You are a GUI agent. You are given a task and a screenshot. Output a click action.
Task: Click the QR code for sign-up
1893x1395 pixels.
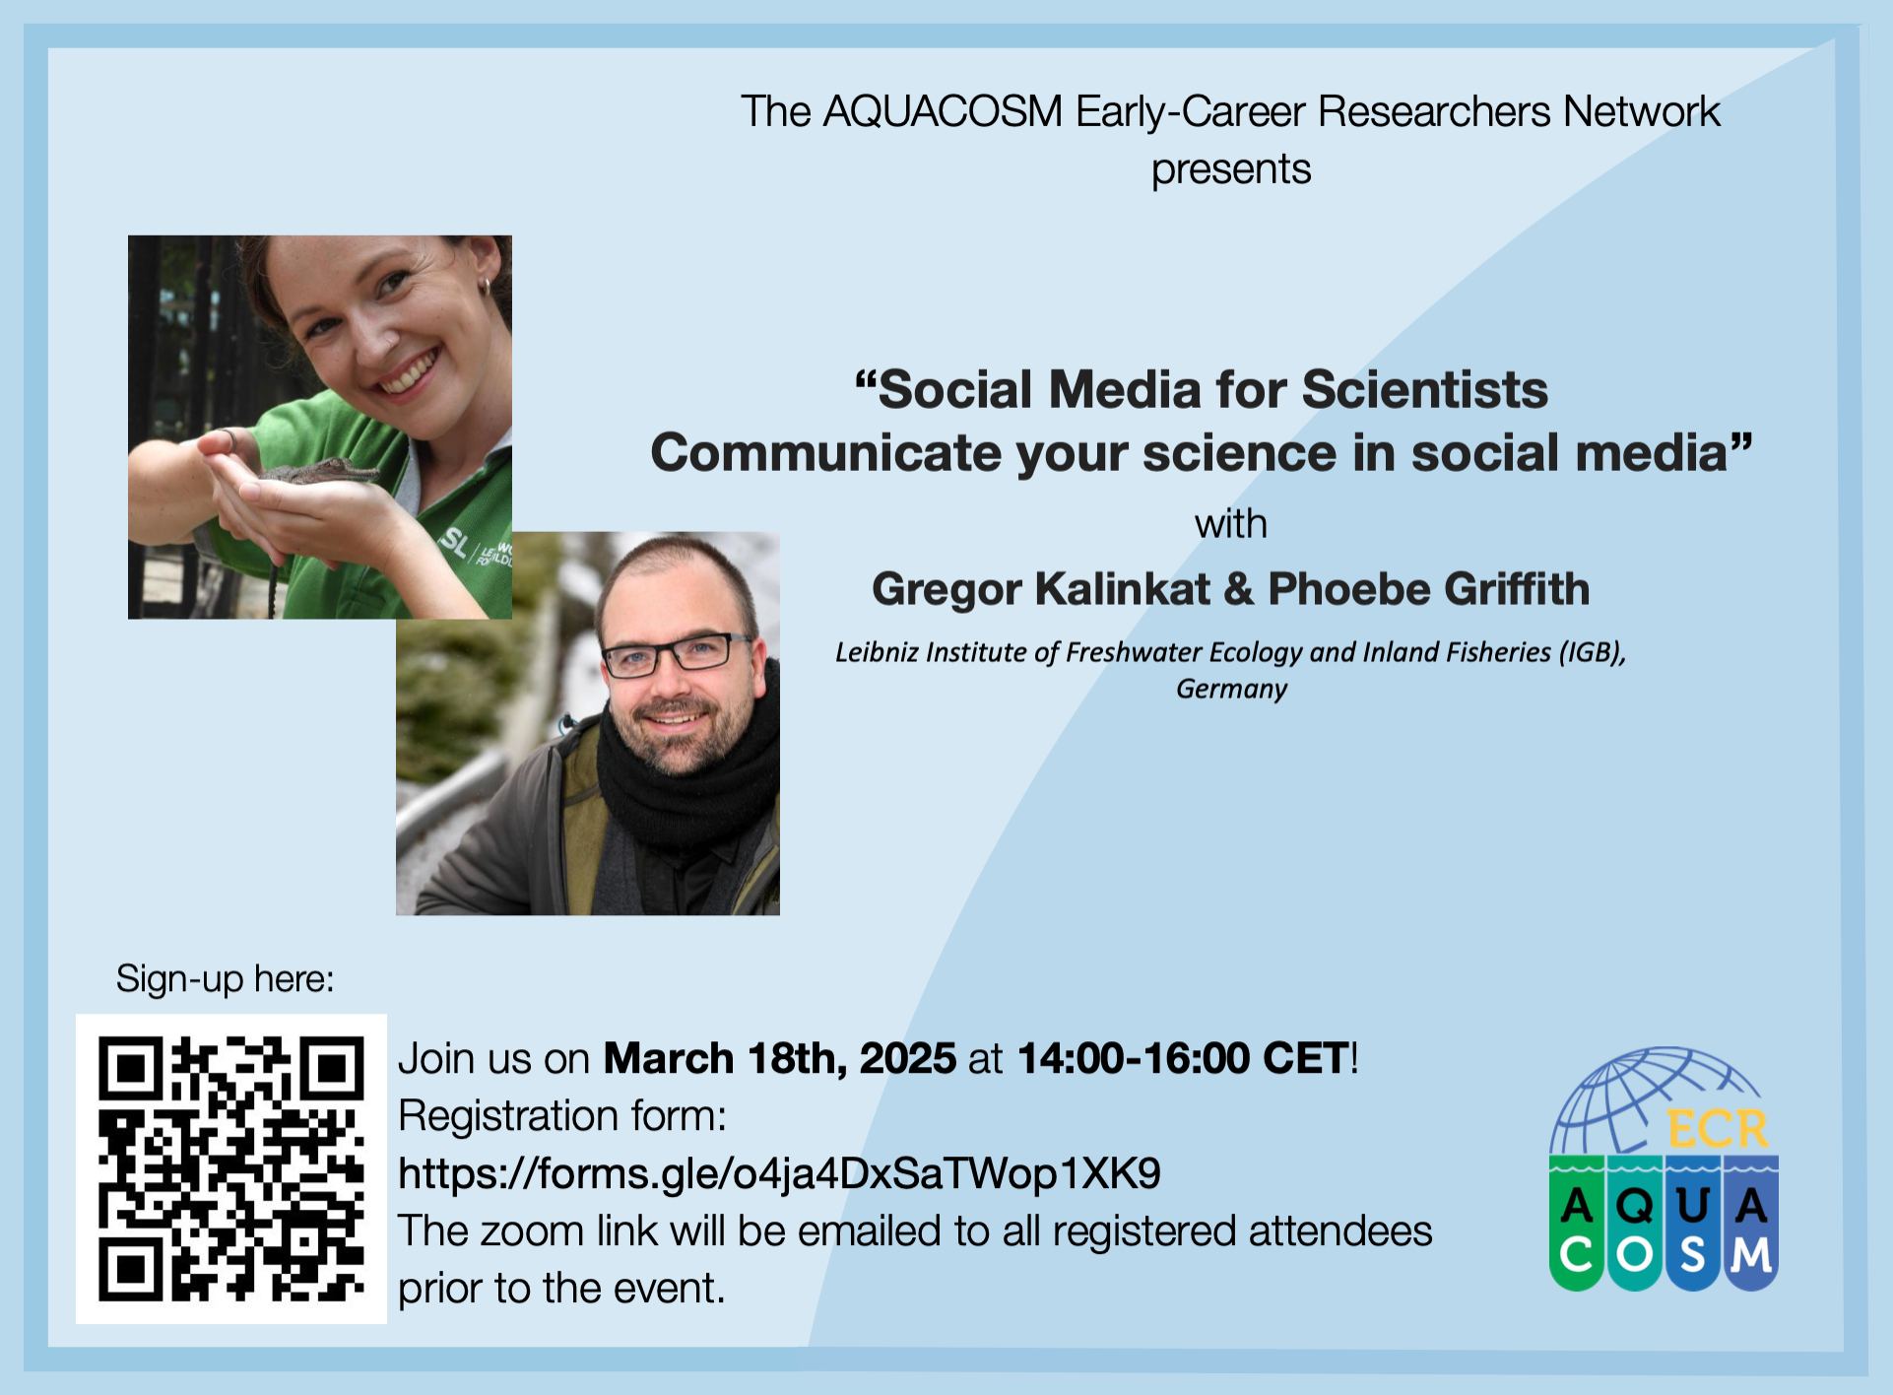[231, 1168]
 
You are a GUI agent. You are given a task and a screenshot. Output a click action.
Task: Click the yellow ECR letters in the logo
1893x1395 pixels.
[1719, 1129]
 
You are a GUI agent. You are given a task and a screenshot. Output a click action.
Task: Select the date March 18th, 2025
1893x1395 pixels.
[780, 1059]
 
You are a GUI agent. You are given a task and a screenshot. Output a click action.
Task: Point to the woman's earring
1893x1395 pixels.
[485, 286]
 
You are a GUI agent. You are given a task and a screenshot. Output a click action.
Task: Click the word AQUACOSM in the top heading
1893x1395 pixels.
[944, 112]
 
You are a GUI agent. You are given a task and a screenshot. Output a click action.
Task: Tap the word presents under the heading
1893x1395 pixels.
[1231, 170]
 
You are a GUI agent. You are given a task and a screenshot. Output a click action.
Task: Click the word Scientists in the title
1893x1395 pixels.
[1425, 389]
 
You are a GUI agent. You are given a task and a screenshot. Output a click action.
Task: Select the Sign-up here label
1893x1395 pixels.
[226, 979]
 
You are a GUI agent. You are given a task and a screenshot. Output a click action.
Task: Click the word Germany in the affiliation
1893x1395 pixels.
[1231, 689]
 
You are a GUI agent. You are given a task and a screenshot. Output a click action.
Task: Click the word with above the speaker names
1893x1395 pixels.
[1231, 524]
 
